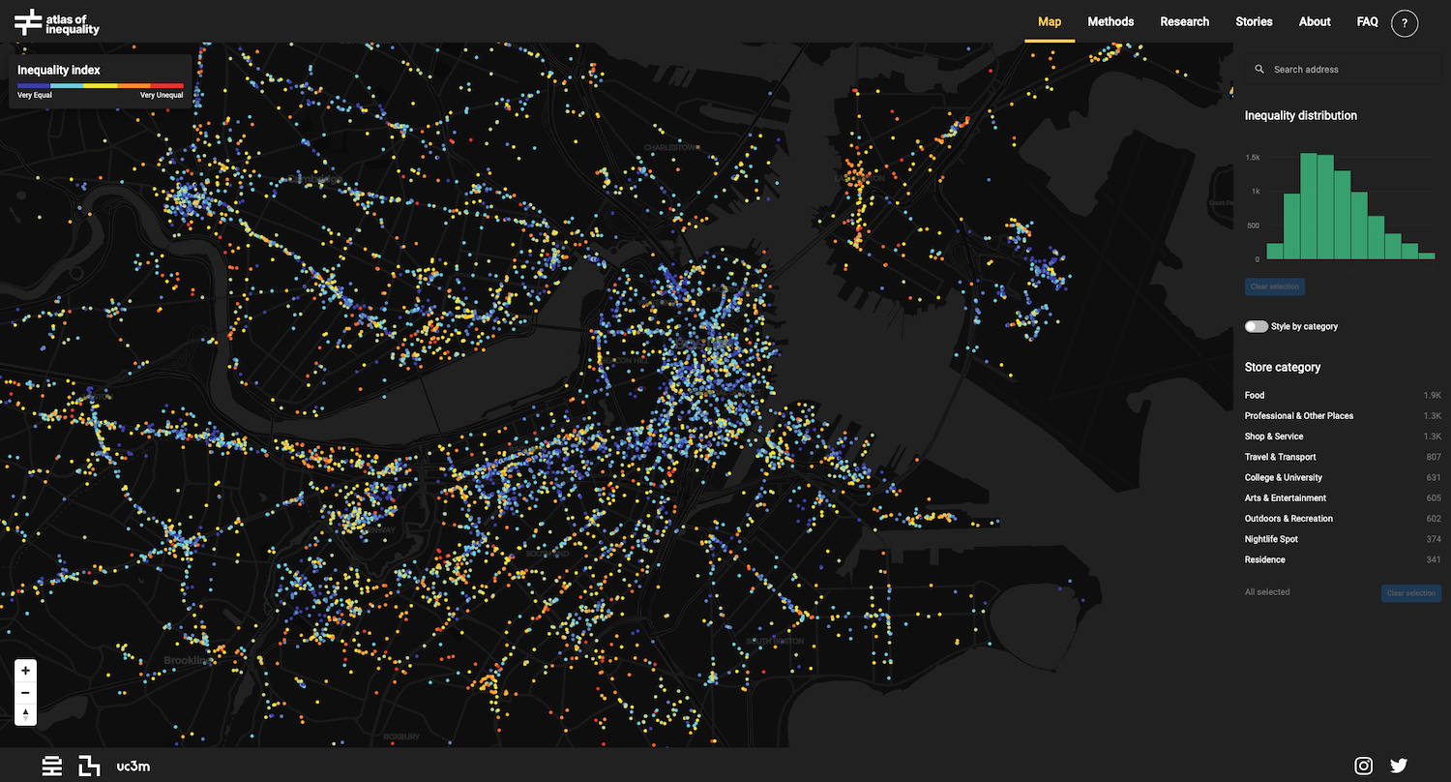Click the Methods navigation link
1110,21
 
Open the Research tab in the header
1184,21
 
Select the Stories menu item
1254,21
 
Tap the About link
1315,21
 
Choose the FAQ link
1367,21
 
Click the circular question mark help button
1405,22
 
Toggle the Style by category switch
1256,327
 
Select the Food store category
1255,395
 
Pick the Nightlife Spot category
1271,539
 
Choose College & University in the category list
1283,477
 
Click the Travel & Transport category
1280,457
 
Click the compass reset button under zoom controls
26,714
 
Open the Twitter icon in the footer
1399,766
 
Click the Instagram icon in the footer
1363,766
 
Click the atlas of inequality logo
56,21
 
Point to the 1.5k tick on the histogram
1252,157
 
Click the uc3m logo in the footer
133,766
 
